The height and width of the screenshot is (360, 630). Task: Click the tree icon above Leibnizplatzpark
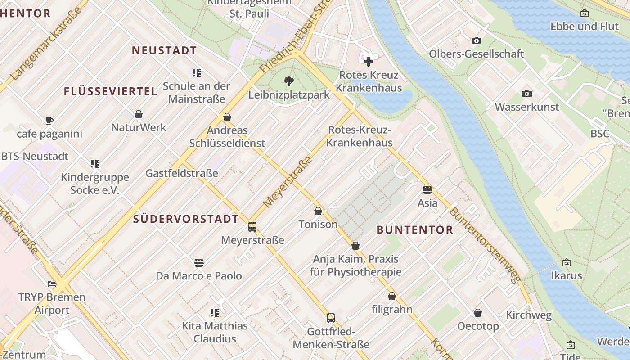point(288,81)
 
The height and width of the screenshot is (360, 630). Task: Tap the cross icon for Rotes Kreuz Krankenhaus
point(369,61)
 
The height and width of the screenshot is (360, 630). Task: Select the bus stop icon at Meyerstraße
point(252,226)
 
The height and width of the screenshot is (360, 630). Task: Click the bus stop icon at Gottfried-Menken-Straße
point(331,318)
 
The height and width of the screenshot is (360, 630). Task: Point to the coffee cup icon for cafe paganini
point(49,121)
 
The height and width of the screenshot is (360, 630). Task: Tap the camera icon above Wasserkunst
point(526,94)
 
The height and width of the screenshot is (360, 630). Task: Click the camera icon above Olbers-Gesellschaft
point(477,40)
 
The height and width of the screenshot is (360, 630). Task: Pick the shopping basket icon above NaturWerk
point(139,114)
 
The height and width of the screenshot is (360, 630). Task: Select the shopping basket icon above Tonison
point(318,211)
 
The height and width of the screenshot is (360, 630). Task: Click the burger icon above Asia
point(427,189)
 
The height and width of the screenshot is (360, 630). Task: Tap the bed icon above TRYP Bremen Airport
point(52,284)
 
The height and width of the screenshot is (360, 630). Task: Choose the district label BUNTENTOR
point(414,230)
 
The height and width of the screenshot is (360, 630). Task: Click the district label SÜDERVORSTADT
point(186,219)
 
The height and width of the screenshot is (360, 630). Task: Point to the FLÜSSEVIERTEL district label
point(110,91)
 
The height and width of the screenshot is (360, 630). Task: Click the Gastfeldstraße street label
point(182,173)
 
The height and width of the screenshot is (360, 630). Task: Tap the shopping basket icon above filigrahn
point(392,296)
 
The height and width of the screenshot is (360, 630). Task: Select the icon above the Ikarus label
point(567,262)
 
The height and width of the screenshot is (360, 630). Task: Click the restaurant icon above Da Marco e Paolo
point(199,262)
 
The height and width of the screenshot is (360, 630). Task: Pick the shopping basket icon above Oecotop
point(478,312)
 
